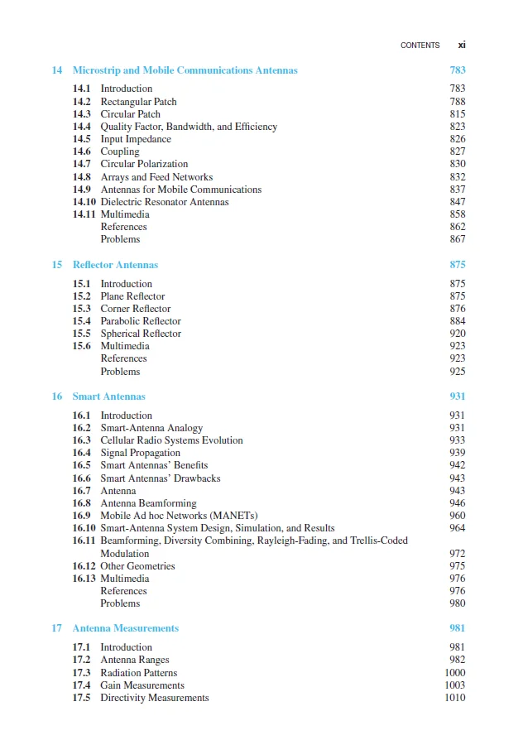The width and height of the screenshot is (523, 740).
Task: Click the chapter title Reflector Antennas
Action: pyautogui.click(x=115, y=265)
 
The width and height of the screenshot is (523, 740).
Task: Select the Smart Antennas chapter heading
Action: pyautogui.click(x=106, y=396)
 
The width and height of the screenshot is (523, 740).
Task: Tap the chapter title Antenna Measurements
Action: pyautogui.click(x=126, y=628)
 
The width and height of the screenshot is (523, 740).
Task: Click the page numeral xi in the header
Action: pyautogui.click(x=462, y=46)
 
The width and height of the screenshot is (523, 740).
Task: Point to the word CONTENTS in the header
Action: pyautogui.click(x=420, y=46)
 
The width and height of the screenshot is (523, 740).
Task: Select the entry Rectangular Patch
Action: pyautogui.click(x=138, y=102)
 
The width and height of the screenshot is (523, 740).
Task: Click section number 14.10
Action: pyautogui.click(x=84, y=202)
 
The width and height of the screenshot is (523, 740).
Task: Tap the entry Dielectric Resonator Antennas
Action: pyautogui.click(x=165, y=202)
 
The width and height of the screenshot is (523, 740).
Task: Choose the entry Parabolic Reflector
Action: pyautogui.click(x=141, y=321)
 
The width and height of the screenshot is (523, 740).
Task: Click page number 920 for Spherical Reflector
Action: pyautogui.click(x=457, y=334)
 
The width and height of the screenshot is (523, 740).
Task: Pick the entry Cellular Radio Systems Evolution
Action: pyautogui.click(x=172, y=440)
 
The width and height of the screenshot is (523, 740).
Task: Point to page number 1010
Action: pyautogui.click(x=455, y=698)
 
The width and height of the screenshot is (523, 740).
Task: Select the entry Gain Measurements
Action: pyautogui.click(x=142, y=685)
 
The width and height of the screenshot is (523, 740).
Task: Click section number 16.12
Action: pyautogui.click(x=84, y=566)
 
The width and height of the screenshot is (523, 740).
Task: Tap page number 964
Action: pyautogui.click(x=457, y=528)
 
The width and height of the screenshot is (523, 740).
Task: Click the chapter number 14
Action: pyautogui.click(x=57, y=70)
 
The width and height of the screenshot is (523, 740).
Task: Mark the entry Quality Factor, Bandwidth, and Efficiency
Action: pyautogui.click(x=189, y=127)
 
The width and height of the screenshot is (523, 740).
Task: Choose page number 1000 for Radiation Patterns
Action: pyautogui.click(x=455, y=673)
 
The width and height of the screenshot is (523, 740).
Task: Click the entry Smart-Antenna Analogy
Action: pyautogui.click(x=151, y=428)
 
